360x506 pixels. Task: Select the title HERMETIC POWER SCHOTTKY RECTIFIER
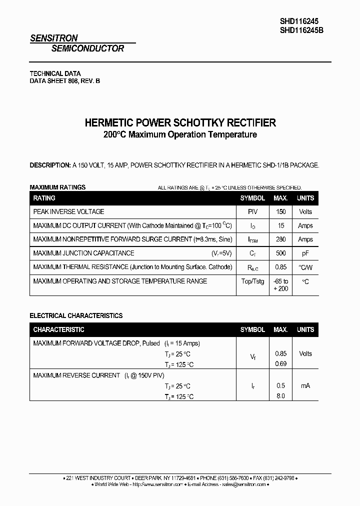[180, 123]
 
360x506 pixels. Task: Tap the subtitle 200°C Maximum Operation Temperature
[180, 134]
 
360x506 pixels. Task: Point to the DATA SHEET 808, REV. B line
[65, 81]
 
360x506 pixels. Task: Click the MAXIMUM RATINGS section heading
[57, 187]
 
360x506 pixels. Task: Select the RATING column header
[44, 198]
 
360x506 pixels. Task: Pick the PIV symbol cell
[252, 212]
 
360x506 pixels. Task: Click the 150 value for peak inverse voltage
[280, 212]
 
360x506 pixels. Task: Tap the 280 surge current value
[280, 239]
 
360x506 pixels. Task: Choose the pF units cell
[305, 253]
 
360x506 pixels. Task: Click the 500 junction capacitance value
[280, 253]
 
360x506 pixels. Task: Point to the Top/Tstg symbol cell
[252, 281]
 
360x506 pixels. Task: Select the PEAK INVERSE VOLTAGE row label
[68, 212]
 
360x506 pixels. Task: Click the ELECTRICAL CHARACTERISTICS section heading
[76, 315]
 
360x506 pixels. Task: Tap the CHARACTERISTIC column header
[58, 330]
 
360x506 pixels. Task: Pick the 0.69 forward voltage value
[280, 363]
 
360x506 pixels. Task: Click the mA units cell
[305, 385]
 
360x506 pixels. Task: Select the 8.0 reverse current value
[280, 395]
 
